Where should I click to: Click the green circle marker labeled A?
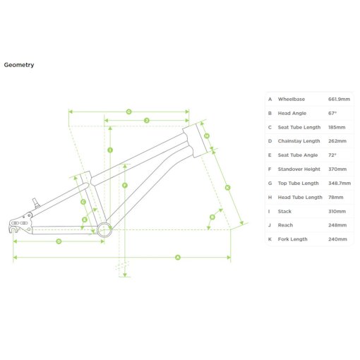pyautogui.click(x=178, y=258)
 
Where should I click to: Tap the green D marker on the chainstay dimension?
pyautogui.click(x=59, y=241)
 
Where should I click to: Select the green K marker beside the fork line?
pyautogui.click(x=227, y=188)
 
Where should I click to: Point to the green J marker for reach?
pyautogui.click(x=147, y=121)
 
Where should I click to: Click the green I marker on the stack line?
pyautogui.click(x=110, y=150)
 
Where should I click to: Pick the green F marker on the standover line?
pyautogui.click(x=125, y=186)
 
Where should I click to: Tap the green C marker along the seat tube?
pyautogui.click(x=83, y=202)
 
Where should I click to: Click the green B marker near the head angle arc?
pyautogui.click(x=212, y=217)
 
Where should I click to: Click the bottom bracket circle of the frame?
pyautogui.click(x=104, y=229)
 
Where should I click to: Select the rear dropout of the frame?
pyautogui.click(x=20, y=223)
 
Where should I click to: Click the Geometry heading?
pyautogui.click(x=19, y=65)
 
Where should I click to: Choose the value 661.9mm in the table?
pyautogui.click(x=339, y=99)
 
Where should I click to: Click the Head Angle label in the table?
pyautogui.click(x=292, y=113)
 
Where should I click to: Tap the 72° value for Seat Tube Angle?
pyautogui.click(x=332, y=155)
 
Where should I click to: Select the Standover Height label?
pyautogui.click(x=299, y=169)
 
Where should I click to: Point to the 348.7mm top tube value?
pyautogui.click(x=340, y=183)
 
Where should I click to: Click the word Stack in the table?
pyautogui.click(x=284, y=211)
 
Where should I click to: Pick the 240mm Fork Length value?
pyautogui.click(x=337, y=239)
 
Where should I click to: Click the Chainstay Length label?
pyautogui.click(x=299, y=141)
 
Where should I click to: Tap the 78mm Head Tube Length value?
pyautogui.click(x=336, y=197)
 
